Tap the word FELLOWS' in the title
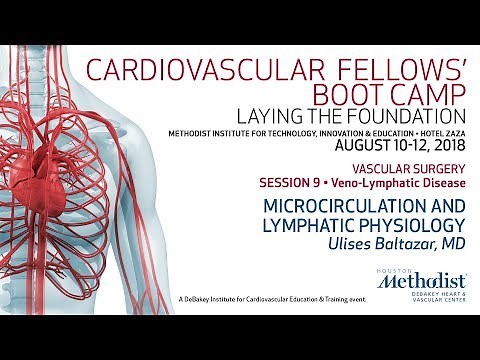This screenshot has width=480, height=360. click(403, 71)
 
